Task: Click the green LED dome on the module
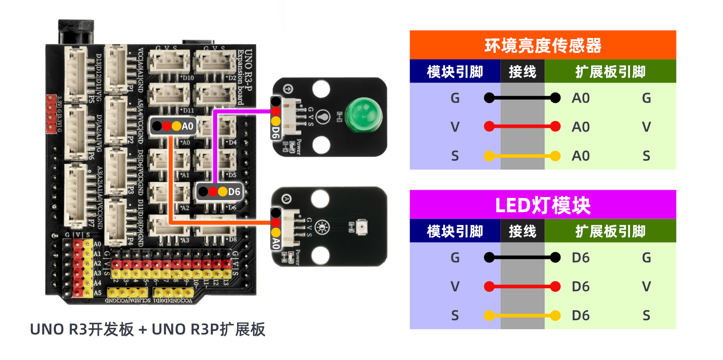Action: [363, 116]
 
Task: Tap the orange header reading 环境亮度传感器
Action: [542, 45]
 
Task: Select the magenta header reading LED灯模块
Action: [542, 205]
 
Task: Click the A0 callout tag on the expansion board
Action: [173, 126]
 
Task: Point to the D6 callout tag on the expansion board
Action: [220, 192]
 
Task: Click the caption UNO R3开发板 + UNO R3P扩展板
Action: [147, 329]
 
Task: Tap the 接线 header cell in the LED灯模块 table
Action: [522, 231]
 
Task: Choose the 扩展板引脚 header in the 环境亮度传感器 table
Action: [610, 71]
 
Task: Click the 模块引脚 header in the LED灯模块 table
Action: [455, 231]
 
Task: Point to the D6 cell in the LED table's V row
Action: [580, 286]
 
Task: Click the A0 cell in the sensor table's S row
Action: [580, 156]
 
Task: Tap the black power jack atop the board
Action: [76, 32]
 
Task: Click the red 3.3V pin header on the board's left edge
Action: [51, 114]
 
